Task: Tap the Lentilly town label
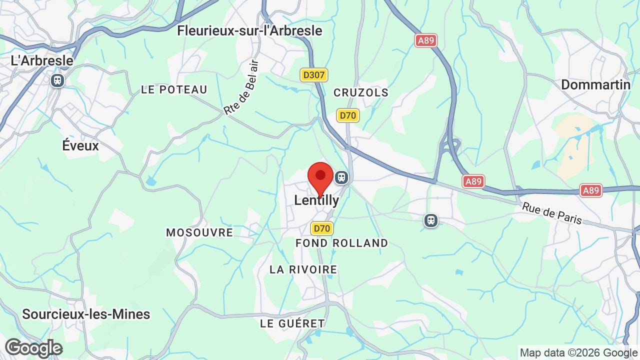(316, 200)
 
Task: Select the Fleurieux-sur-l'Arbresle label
(249, 30)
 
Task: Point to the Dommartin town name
(595, 84)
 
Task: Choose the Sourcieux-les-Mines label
(86, 314)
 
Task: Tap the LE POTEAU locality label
(174, 89)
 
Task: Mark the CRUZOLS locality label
(361, 92)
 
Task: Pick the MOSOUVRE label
(199, 232)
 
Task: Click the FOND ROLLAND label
(341, 243)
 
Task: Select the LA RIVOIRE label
(303, 269)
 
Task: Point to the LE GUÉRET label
(292, 323)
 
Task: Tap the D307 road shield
(314, 75)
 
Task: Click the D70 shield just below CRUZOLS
(347, 115)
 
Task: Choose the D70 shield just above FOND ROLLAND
(321, 228)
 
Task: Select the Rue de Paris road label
(552, 213)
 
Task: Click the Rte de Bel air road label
(241, 88)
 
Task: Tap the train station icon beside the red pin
(341, 177)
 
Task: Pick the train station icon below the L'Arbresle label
(57, 80)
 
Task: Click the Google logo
(33, 348)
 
